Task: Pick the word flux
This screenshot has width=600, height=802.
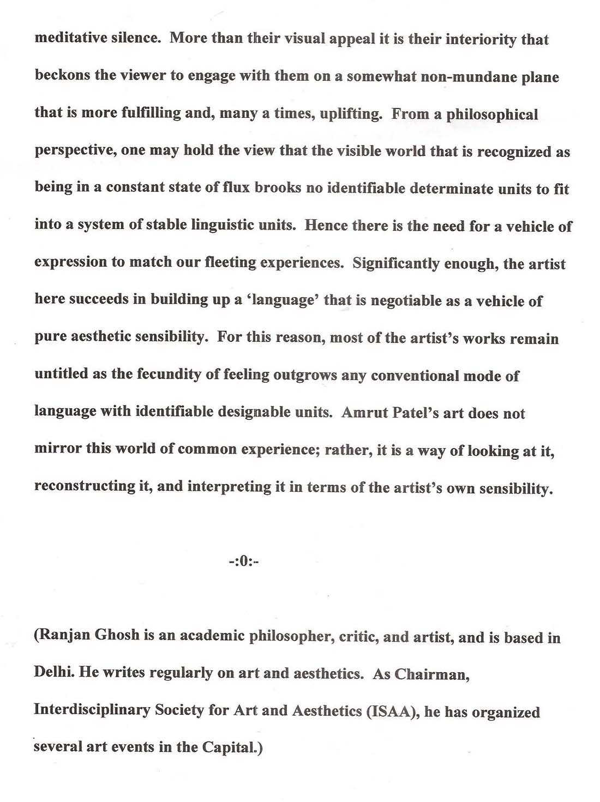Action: coord(236,188)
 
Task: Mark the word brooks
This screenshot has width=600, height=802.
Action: coord(278,188)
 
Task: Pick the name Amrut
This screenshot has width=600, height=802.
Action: coord(363,413)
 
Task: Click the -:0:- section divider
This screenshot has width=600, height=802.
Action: coord(243,561)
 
